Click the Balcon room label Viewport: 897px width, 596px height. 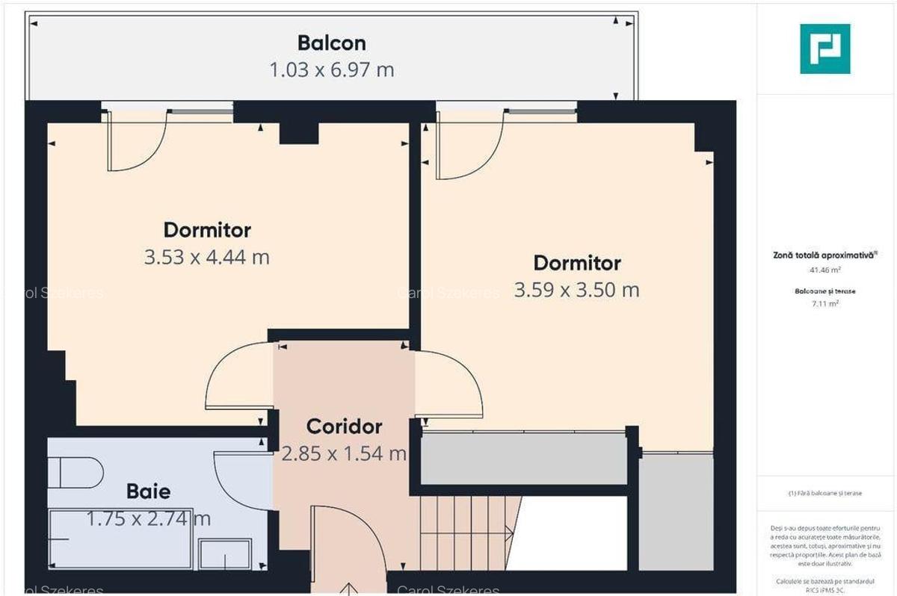tap(331, 42)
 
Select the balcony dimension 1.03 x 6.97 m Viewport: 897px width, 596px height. tap(331, 70)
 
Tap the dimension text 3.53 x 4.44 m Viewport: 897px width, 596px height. tap(206, 258)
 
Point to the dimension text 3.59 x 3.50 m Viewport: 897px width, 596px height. tap(576, 290)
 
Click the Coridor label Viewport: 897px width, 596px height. tap(344, 426)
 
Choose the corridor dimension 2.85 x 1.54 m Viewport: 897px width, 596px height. tap(344, 453)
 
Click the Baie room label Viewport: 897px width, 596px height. tap(148, 491)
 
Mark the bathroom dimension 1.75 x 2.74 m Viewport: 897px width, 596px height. tap(148, 518)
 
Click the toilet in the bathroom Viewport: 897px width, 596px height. tap(75, 474)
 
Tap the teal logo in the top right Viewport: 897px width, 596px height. tap(824, 49)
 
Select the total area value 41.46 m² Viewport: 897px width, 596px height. tap(824, 270)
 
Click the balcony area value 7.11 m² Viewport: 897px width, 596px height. tap(824, 303)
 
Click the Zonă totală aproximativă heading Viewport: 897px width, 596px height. tap(824, 255)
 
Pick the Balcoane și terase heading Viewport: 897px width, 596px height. tap(824, 291)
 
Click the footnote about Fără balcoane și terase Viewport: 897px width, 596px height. tap(824, 494)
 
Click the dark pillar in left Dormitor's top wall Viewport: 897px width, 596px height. tap(299, 132)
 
